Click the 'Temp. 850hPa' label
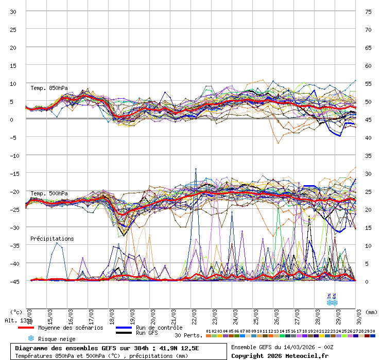(x=49, y=88)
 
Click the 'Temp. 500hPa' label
(x=49, y=193)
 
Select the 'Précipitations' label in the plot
(x=52, y=239)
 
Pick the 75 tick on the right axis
(x=368, y=11)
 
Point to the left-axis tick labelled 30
(x=13, y=11)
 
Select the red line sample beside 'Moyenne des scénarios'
(x=33, y=328)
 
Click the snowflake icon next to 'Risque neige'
(x=31, y=338)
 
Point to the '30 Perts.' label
(x=188, y=335)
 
